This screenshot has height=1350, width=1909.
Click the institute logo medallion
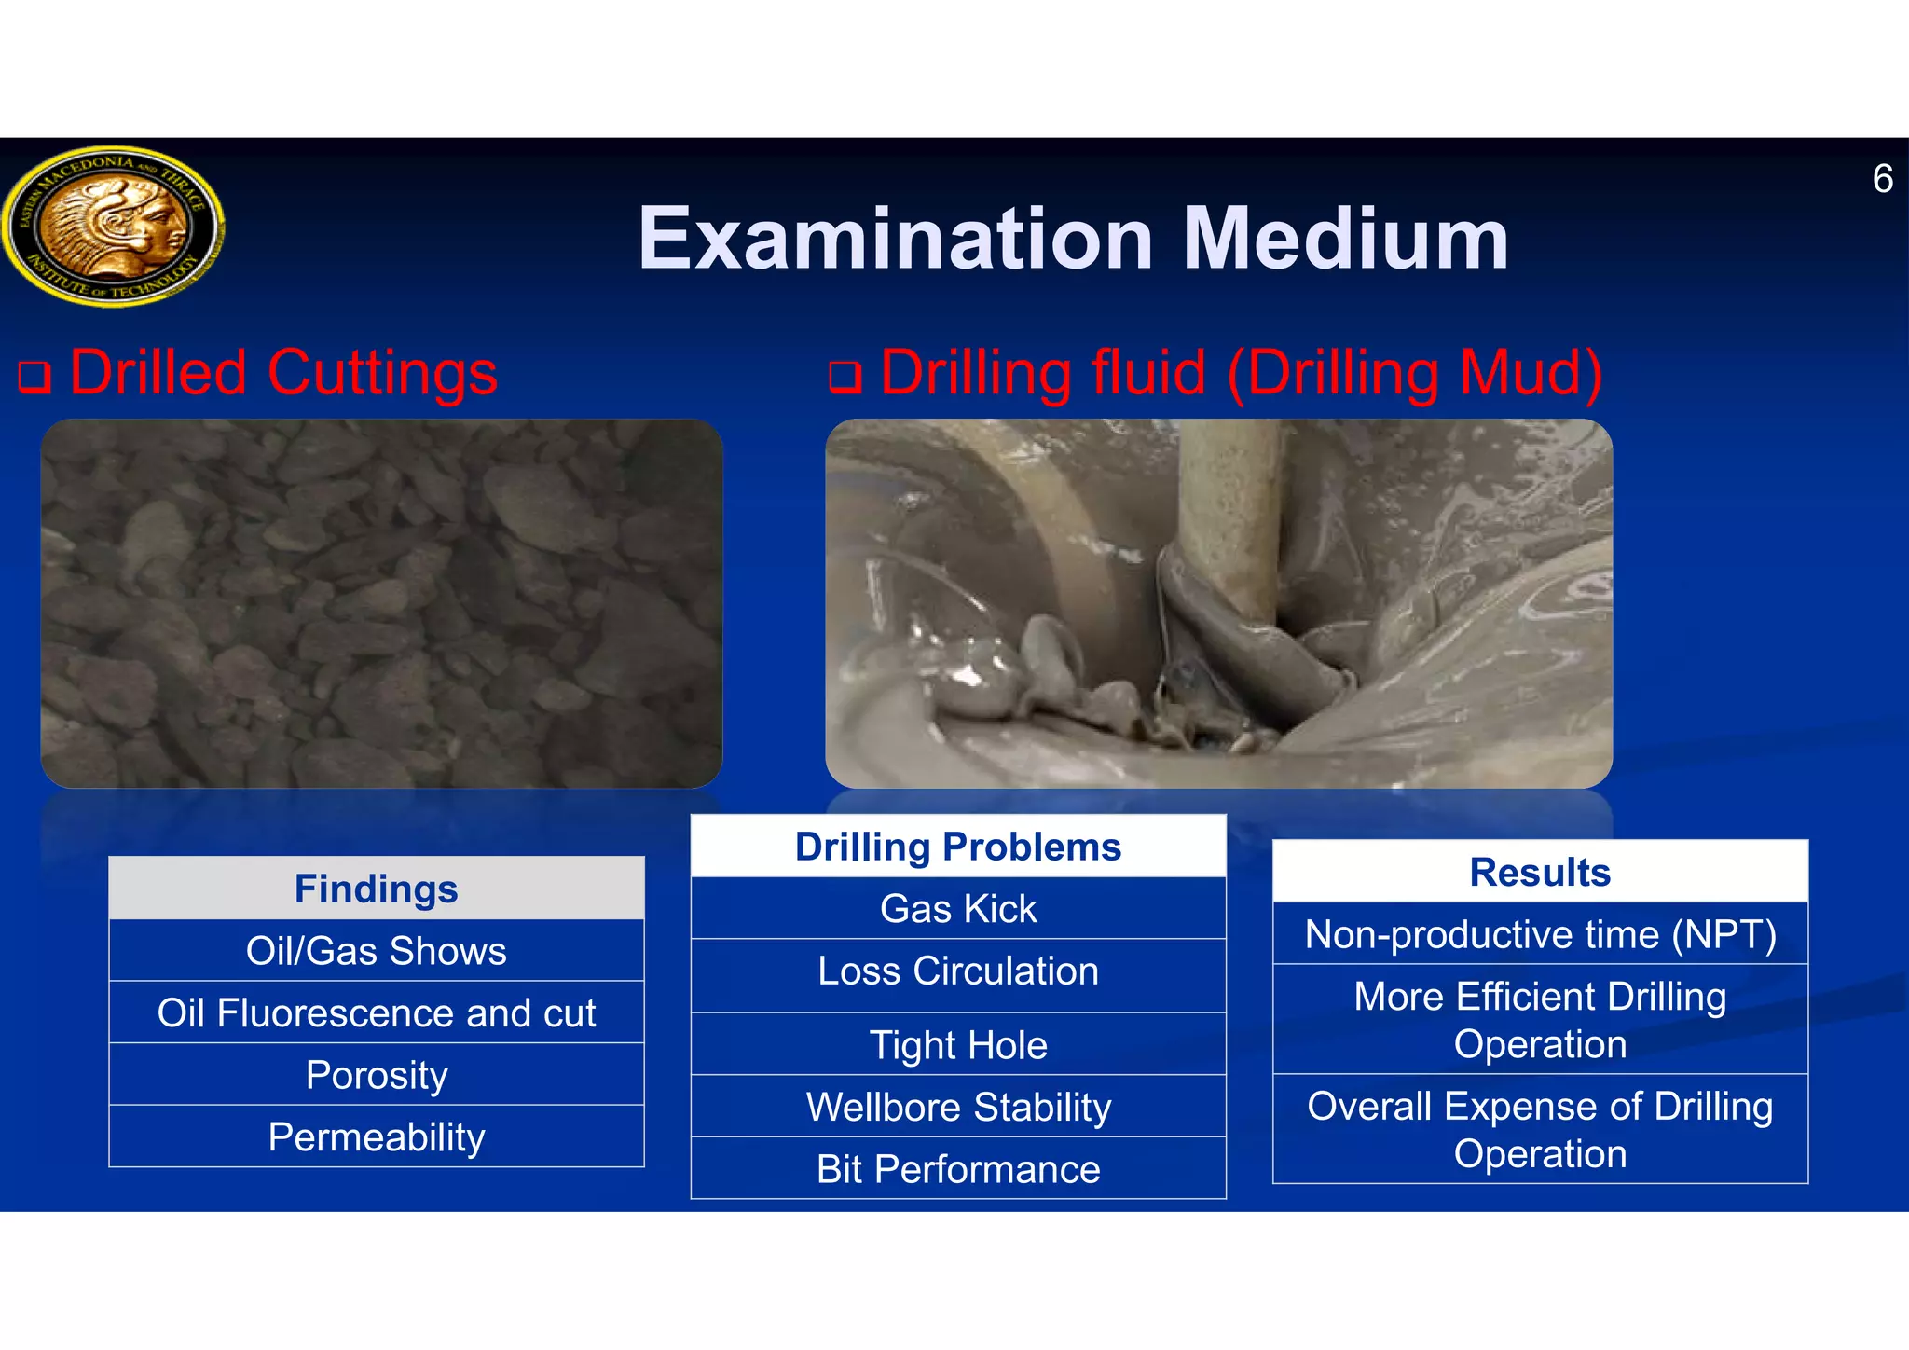113,226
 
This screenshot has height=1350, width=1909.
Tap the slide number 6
1882,179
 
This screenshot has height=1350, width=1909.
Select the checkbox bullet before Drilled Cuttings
34,378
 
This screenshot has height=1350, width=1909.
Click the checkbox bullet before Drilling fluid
845,378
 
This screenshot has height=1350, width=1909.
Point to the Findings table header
377,889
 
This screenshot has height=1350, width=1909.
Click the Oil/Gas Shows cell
377,951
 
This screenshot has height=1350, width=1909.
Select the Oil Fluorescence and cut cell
377,1012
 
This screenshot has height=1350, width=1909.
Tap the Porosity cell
377,1075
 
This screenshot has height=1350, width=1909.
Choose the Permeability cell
377,1136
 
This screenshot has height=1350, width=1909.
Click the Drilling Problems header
958,847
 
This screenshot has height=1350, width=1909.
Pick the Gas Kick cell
958,908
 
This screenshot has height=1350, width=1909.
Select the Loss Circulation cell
958,971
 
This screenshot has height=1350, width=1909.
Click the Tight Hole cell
958,1044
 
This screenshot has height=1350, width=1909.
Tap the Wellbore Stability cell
958,1107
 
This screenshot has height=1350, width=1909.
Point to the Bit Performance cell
958,1169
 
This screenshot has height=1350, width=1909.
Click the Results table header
1540,872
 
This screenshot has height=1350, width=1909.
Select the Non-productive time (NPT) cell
1540,934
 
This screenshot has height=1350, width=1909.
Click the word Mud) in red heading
1531,373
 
